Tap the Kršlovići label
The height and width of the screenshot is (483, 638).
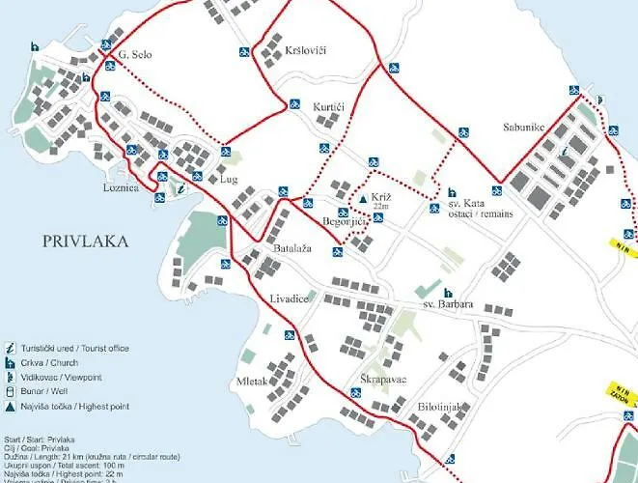click(x=306, y=47)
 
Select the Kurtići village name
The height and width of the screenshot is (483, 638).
click(x=329, y=105)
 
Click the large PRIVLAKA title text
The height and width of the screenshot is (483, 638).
click(x=86, y=241)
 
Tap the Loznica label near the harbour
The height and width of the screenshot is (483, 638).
click(x=122, y=188)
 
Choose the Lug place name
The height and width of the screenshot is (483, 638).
click(x=229, y=180)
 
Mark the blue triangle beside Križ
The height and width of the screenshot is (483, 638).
click(x=362, y=197)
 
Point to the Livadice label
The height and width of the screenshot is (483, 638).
click(x=289, y=299)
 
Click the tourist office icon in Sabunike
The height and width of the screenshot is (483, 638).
click(x=564, y=151)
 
